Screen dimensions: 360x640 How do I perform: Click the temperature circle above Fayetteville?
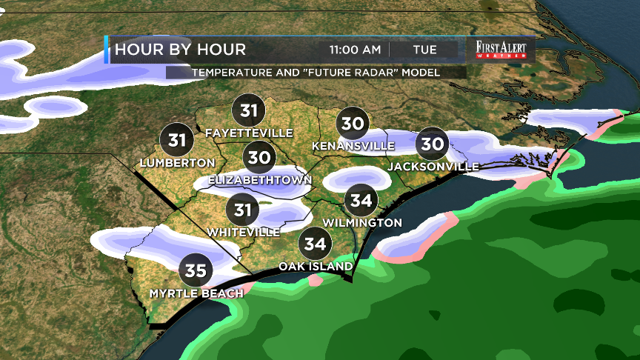(x=249, y=111)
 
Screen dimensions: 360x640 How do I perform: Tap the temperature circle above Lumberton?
(x=177, y=139)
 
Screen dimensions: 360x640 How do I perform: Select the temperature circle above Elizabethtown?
(x=259, y=158)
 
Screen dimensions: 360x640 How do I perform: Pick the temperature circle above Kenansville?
(x=353, y=123)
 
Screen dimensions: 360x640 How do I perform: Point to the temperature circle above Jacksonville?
(x=433, y=143)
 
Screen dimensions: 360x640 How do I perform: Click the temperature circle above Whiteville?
(x=243, y=210)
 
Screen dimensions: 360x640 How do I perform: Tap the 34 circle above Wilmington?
(x=361, y=200)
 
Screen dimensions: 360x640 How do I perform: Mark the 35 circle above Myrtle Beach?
(x=196, y=271)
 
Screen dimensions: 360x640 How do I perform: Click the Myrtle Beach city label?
(x=196, y=294)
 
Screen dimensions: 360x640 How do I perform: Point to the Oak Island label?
(x=316, y=266)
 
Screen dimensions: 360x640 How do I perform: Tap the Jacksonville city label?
(x=433, y=167)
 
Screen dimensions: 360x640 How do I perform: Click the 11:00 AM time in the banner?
(x=355, y=50)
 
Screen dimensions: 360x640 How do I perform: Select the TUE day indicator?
(x=424, y=50)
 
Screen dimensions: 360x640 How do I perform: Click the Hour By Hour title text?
(x=179, y=50)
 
